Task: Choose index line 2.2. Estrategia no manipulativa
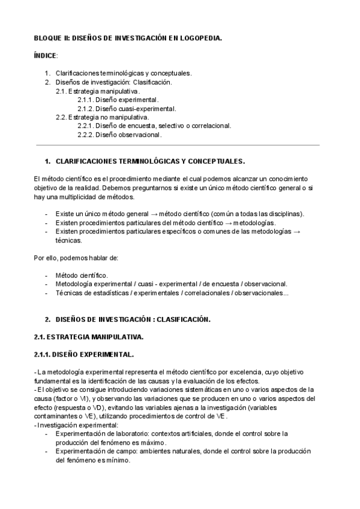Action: [102, 117]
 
